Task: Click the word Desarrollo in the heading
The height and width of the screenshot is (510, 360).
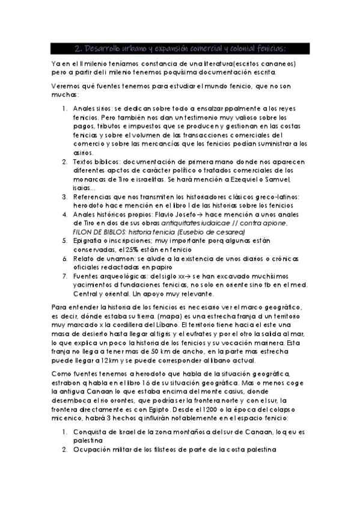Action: click(106, 48)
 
